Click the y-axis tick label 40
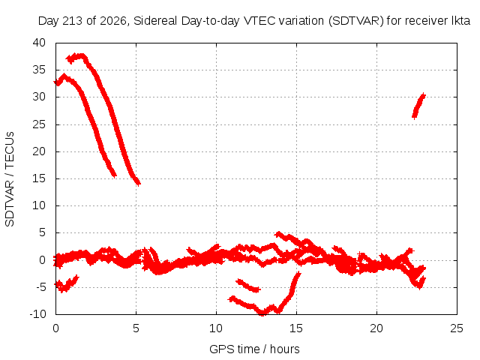[39, 43]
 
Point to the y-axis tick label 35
[39, 70]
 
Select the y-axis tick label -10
[37, 314]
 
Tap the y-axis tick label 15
[39, 178]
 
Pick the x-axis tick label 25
[457, 328]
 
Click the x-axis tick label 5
[136, 328]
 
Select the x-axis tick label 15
[296, 328]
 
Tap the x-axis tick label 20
[376, 328]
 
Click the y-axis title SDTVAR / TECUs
[10, 179]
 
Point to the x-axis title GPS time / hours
[254, 349]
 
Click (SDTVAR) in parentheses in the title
[356, 21]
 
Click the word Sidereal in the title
[155, 21]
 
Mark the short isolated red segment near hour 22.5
[418, 106]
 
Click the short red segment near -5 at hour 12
[248, 286]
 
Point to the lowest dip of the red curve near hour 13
[262, 313]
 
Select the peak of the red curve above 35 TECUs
[81, 55]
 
